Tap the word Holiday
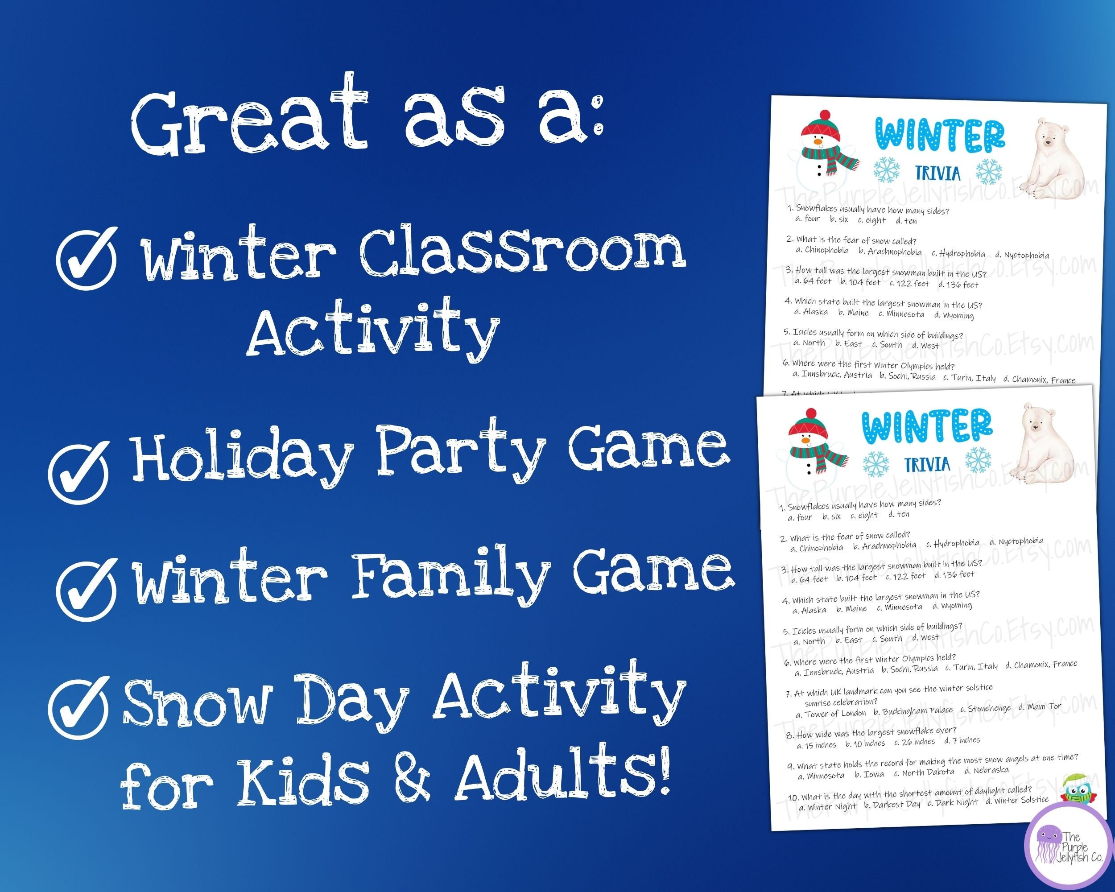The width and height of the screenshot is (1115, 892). coord(243,457)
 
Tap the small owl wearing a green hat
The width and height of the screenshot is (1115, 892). coord(1074,789)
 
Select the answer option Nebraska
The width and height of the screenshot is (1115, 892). coord(991,769)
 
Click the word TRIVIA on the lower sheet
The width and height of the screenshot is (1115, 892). coord(927,464)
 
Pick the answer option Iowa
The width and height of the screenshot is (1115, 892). coord(873,774)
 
